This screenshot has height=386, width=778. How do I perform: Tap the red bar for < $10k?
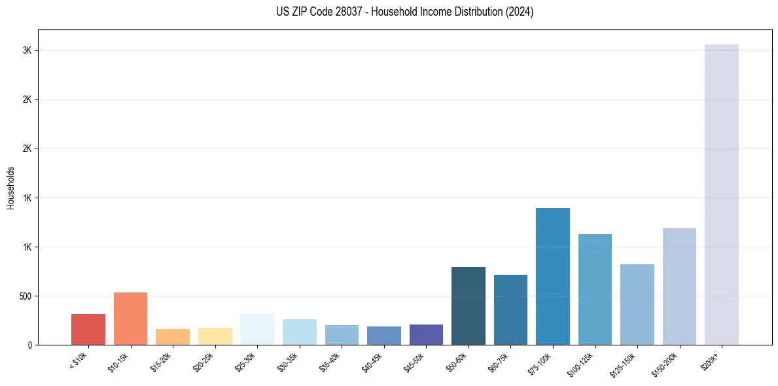[x=88, y=329]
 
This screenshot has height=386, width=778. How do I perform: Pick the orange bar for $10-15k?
[x=130, y=318]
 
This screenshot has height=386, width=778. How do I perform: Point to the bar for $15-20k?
[x=173, y=336]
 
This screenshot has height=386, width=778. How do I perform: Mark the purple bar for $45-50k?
[x=426, y=334]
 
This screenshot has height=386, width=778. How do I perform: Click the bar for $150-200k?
[x=679, y=286]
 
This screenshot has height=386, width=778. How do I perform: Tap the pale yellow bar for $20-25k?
[x=215, y=336]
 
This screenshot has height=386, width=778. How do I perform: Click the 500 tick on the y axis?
[x=25, y=296]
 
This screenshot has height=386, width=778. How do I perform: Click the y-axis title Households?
[x=11, y=188]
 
